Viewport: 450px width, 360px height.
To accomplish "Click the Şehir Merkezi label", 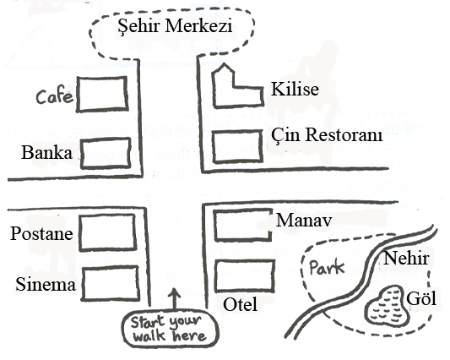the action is [x=175, y=26].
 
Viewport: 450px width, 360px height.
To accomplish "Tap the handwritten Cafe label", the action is [x=54, y=96].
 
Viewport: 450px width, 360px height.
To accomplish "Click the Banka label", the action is [x=46, y=152].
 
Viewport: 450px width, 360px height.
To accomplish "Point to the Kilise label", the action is [x=295, y=89].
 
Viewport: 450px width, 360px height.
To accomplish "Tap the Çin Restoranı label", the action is [x=327, y=134].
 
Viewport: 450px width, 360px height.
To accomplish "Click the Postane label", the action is [x=41, y=233].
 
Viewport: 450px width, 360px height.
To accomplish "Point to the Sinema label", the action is [x=46, y=285].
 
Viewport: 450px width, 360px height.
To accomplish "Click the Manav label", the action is [x=304, y=221].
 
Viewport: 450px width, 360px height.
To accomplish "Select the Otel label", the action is [x=241, y=304].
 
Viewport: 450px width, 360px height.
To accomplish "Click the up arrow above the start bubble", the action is [x=174, y=299].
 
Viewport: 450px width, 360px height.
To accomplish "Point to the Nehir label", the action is [x=406, y=259].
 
